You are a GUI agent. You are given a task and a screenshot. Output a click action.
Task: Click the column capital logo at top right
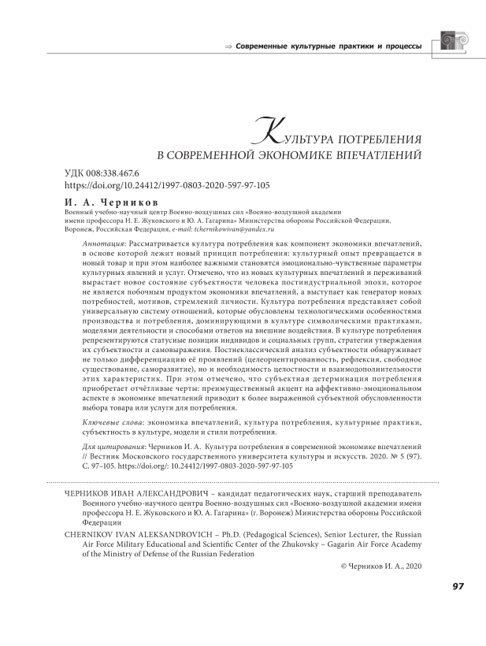[x=453, y=45]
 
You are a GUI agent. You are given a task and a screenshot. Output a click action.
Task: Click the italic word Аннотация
[x=100, y=246]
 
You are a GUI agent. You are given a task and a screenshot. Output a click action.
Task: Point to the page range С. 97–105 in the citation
[x=105, y=466]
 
